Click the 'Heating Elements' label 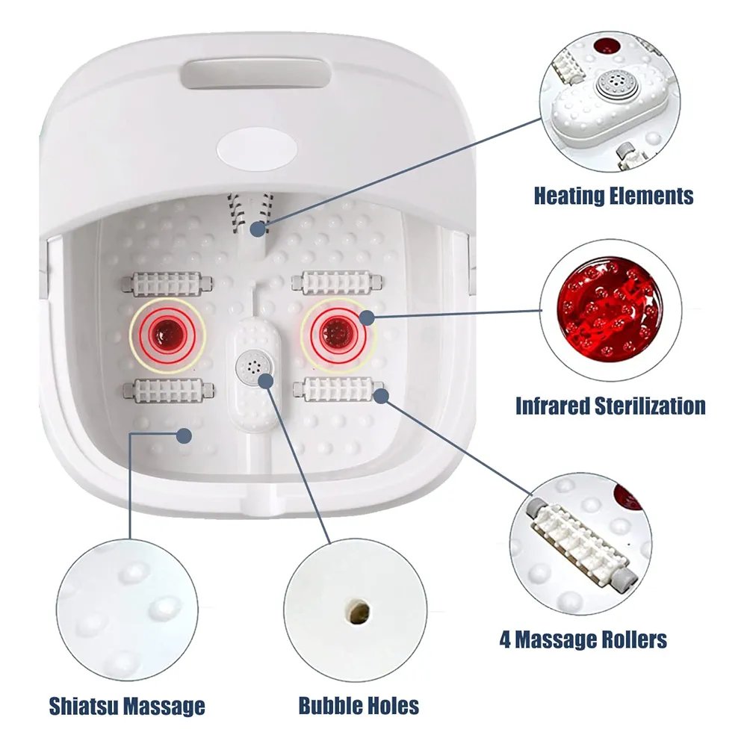tap(613, 196)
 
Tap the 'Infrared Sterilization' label tap(611, 406)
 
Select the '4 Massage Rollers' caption tap(583, 639)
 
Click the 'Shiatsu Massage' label tap(127, 706)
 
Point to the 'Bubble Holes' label tap(359, 706)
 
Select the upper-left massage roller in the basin tap(167, 284)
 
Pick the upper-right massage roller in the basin tap(338, 282)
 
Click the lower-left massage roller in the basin tap(168, 391)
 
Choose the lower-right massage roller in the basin tap(338, 388)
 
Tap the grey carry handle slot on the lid tap(255, 73)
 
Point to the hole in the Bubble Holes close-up tap(359, 611)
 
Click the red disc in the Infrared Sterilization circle tap(610, 310)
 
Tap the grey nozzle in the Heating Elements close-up tap(613, 84)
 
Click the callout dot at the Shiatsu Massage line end tap(184, 436)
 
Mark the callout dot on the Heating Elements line tap(258, 229)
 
